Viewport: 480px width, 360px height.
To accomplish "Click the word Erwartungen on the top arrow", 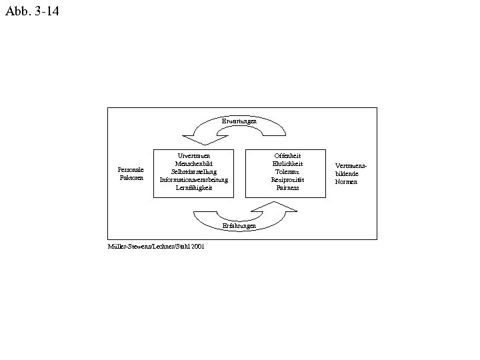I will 239,121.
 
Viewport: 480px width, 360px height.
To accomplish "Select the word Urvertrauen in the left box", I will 193,155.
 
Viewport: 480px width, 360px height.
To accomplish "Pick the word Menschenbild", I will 193,163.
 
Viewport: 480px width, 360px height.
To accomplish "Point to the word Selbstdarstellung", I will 193,171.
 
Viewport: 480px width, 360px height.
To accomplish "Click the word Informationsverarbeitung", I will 193,179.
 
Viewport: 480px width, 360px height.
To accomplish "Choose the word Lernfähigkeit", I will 193,187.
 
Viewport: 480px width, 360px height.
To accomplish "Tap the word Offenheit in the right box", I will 287,155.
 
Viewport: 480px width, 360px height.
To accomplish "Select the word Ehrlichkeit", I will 287,163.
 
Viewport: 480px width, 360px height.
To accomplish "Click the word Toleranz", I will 287,171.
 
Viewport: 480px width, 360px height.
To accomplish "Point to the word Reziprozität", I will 287,179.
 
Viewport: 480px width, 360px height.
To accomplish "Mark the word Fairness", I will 287,187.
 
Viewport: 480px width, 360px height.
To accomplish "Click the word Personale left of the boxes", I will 130,170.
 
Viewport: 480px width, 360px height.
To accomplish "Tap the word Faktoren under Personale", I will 130,178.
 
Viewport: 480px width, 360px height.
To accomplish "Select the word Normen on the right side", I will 346,181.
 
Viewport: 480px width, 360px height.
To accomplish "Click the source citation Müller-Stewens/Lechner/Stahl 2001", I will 156,246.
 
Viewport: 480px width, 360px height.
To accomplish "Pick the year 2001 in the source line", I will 197,246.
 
